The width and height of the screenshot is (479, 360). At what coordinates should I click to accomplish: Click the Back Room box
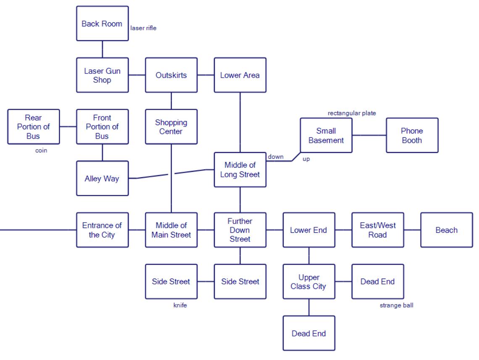click(x=102, y=24)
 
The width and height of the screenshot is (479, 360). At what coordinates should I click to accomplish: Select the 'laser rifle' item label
click(x=143, y=28)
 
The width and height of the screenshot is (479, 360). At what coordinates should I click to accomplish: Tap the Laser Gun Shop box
click(x=102, y=75)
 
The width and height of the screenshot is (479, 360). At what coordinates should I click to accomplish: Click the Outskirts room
click(x=171, y=75)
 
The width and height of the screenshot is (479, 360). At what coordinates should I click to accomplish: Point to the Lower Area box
click(x=240, y=75)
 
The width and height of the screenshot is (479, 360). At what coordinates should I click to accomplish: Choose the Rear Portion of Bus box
click(x=34, y=127)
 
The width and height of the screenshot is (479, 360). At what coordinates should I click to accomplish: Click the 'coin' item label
click(x=41, y=150)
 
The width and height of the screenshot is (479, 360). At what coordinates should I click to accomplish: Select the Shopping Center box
click(x=171, y=127)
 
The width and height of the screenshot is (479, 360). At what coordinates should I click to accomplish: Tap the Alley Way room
click(x=102, y=179)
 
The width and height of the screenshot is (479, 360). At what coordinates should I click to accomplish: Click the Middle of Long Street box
click(x=240, y=170)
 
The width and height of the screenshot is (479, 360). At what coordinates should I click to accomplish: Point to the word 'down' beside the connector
click(x=276, y=157)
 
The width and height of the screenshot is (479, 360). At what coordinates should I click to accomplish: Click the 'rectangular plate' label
click(x=352, y=113)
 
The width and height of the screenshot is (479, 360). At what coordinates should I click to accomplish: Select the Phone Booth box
click(x=412, y=135)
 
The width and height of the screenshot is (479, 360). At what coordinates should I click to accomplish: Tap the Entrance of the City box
click(x=102, y=230)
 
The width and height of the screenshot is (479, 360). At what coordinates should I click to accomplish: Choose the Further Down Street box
click(x=240, y=230)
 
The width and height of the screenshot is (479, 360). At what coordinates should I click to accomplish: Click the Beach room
click(x=446, y=230)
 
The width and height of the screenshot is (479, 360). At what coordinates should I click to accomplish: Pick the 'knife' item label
click(x=180, y=305)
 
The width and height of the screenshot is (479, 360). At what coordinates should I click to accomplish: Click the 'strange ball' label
click(x=396, y=305)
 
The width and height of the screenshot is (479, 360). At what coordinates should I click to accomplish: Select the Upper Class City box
click(x=309, y=281)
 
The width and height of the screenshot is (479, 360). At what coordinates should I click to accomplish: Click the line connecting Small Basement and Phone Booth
click(x=369, y=135)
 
